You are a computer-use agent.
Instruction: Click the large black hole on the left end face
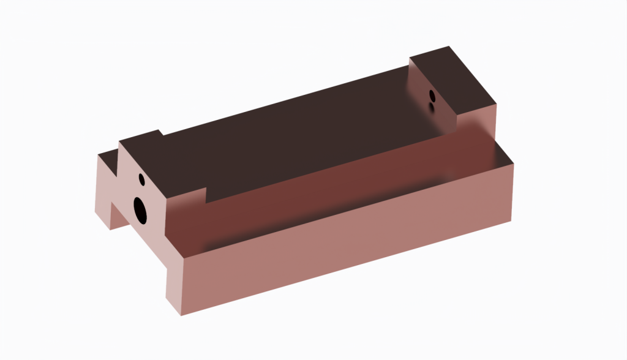click(140, 210)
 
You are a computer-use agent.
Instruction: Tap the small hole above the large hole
click(141, 179)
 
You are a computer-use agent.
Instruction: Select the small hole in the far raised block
click(432, 96)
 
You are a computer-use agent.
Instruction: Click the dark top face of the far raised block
click(453, 73)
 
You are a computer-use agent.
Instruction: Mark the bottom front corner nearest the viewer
click(182, 315)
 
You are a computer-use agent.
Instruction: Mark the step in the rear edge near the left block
click(160, 132)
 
